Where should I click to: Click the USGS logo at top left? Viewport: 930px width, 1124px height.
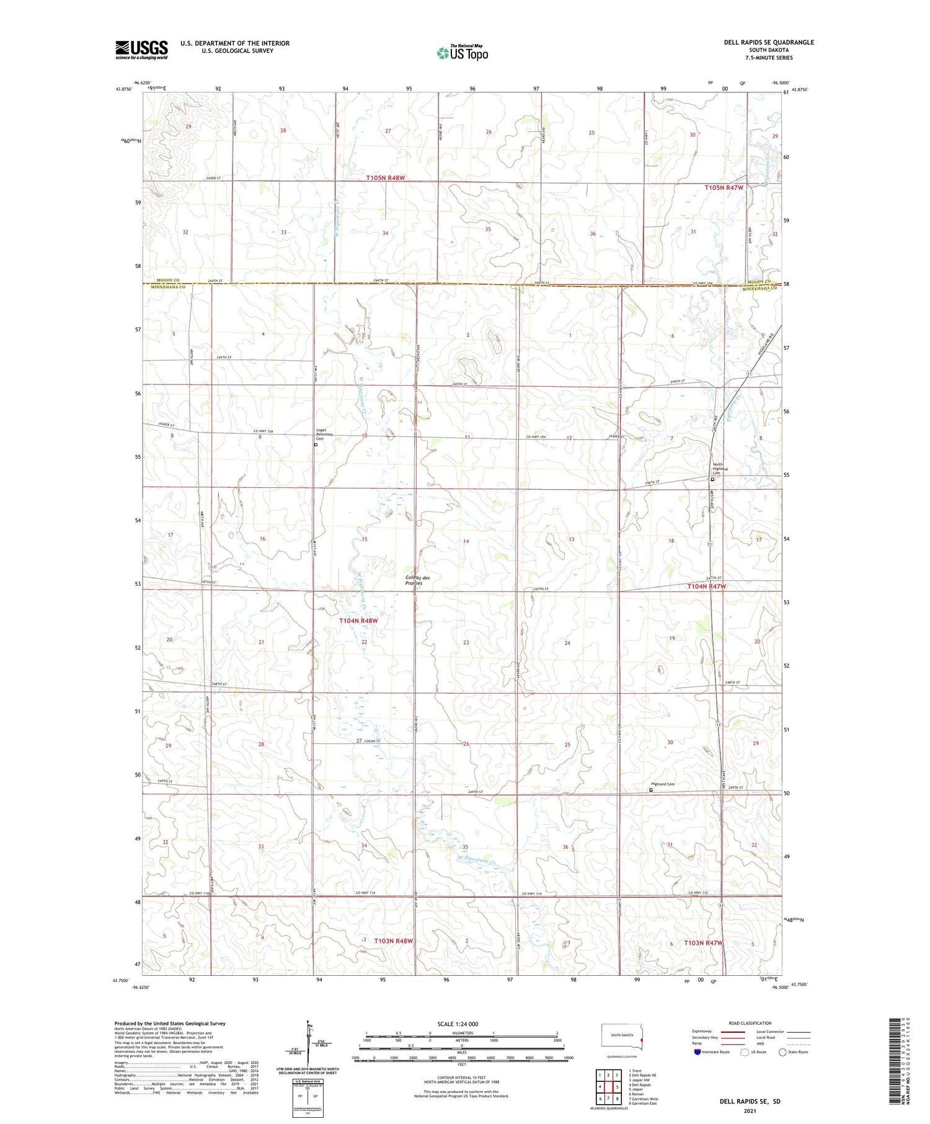(141, 50)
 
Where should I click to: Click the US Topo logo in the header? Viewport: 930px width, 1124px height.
(463, 53)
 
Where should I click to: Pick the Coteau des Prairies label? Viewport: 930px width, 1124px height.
(417, 580)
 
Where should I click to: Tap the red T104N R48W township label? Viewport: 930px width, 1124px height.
(358, 621)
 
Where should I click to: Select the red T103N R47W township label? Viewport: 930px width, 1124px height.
(703, 943)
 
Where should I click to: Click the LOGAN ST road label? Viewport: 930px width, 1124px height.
(372, 741)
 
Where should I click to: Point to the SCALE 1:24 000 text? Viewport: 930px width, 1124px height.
(458, 1024)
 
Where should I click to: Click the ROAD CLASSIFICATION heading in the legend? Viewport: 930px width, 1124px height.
(750, 1023)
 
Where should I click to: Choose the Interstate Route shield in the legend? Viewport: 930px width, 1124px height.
(697, 1052)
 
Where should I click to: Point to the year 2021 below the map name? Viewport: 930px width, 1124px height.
(750, 1110)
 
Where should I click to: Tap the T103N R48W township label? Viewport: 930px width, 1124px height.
(393, 941)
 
